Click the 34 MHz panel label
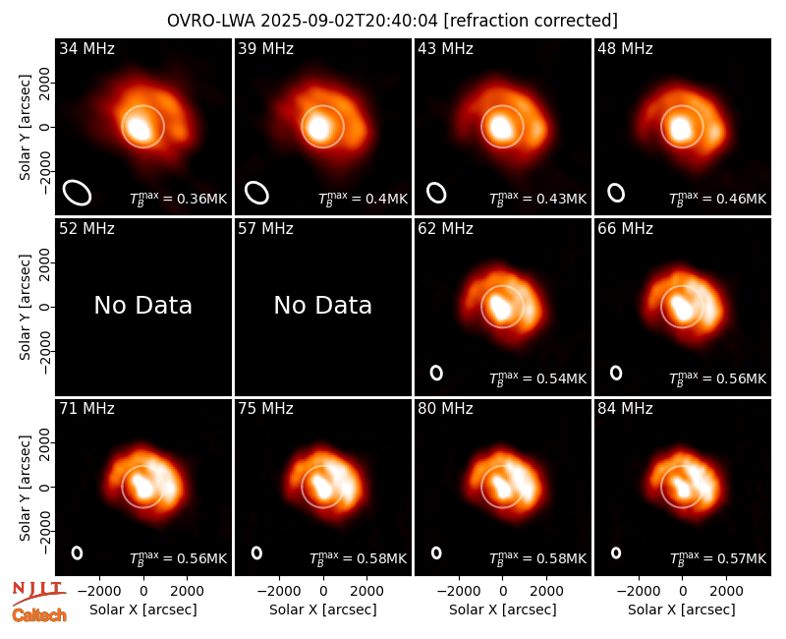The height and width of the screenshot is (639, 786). (86, 48)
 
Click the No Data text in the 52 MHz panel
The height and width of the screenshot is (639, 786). (142, 305)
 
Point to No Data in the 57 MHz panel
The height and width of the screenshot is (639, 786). (323, 305)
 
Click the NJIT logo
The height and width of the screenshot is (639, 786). (38, 593)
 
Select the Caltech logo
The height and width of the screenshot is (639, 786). (39, 615)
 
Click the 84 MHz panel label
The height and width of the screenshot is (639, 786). (625, 409)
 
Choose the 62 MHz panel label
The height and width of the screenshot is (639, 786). (446, 229)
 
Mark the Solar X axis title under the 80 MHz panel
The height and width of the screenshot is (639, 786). (503, 610)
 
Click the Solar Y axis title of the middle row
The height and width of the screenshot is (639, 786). (26, 307)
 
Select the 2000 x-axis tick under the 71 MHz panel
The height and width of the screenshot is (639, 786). (187, 591)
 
